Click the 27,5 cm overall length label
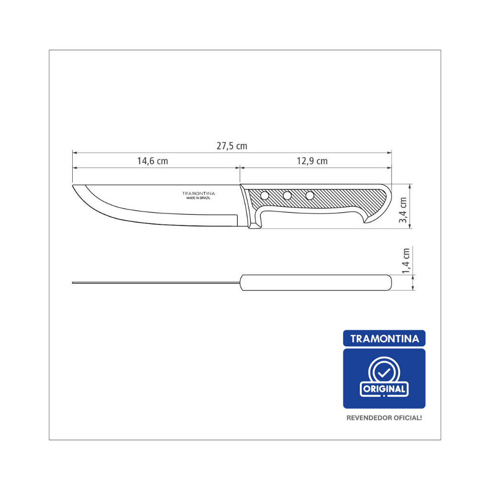click(232, 146)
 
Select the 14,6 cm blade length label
click(153, 161)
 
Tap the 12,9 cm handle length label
click(312, 161)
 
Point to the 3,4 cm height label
click(403, 210)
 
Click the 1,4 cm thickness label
click(405, 261)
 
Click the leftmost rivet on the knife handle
click(265, 196)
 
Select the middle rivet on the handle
click(287, 196)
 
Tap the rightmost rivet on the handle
click(310, 196)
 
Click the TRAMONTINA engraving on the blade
click(199, 193)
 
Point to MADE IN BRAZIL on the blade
click(199, 198)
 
